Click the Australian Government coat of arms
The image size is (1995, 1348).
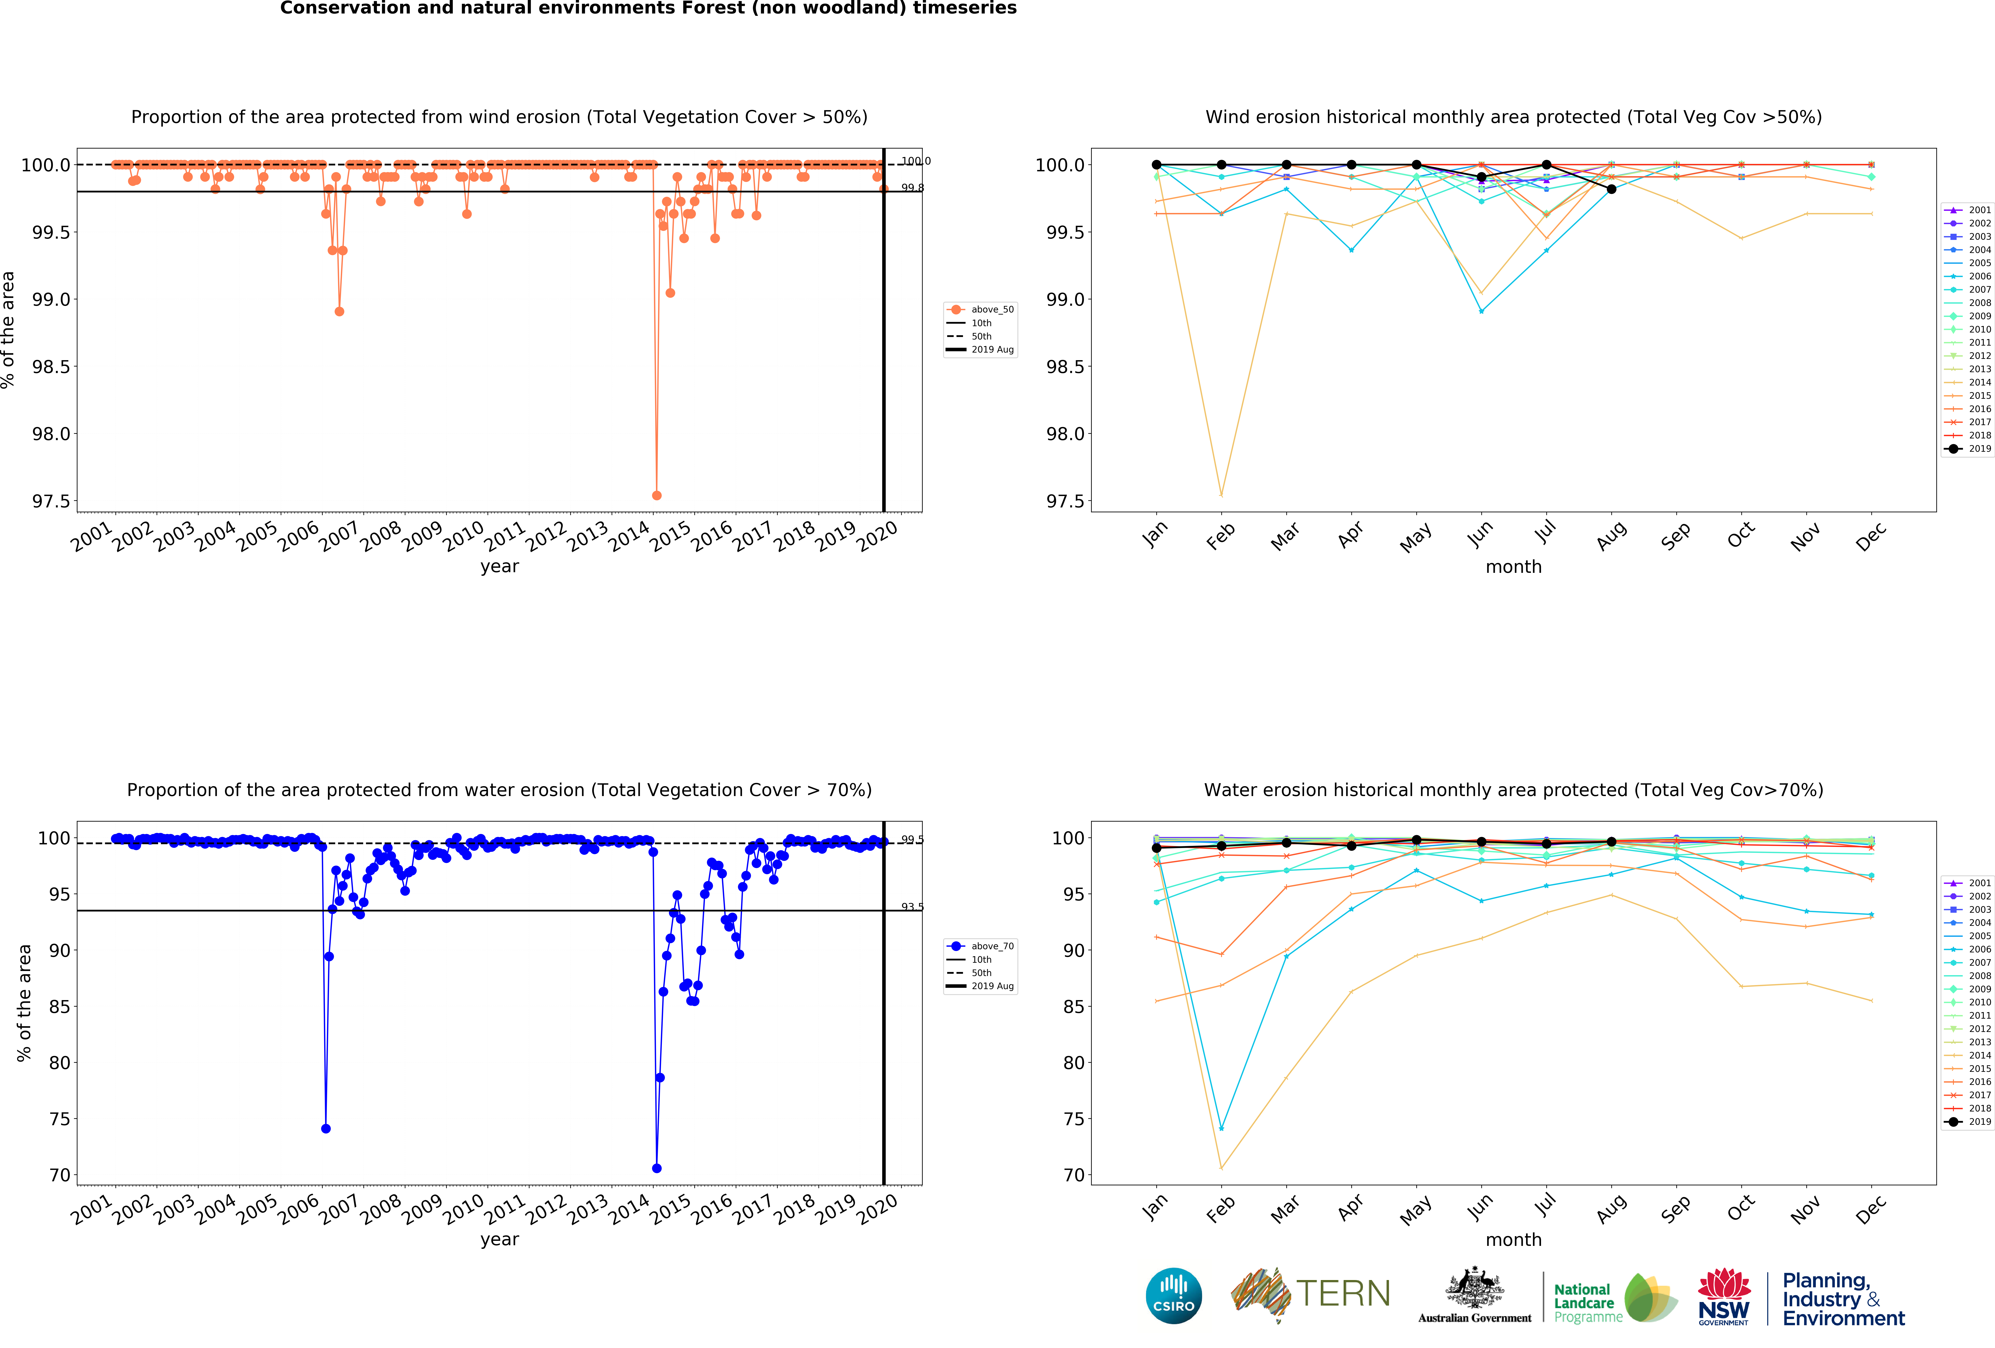[1474, 1287]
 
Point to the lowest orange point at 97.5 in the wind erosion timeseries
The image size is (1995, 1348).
[657, 495]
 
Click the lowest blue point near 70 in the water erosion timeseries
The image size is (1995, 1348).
[657, 1168]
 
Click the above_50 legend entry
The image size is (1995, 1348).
[991, 310]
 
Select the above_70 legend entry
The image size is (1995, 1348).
[991, 946]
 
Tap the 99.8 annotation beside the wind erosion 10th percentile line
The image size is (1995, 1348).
[912, 188]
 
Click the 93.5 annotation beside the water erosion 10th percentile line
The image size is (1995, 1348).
[912, 907]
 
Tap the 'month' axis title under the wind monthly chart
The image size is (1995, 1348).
[1513, 567]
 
